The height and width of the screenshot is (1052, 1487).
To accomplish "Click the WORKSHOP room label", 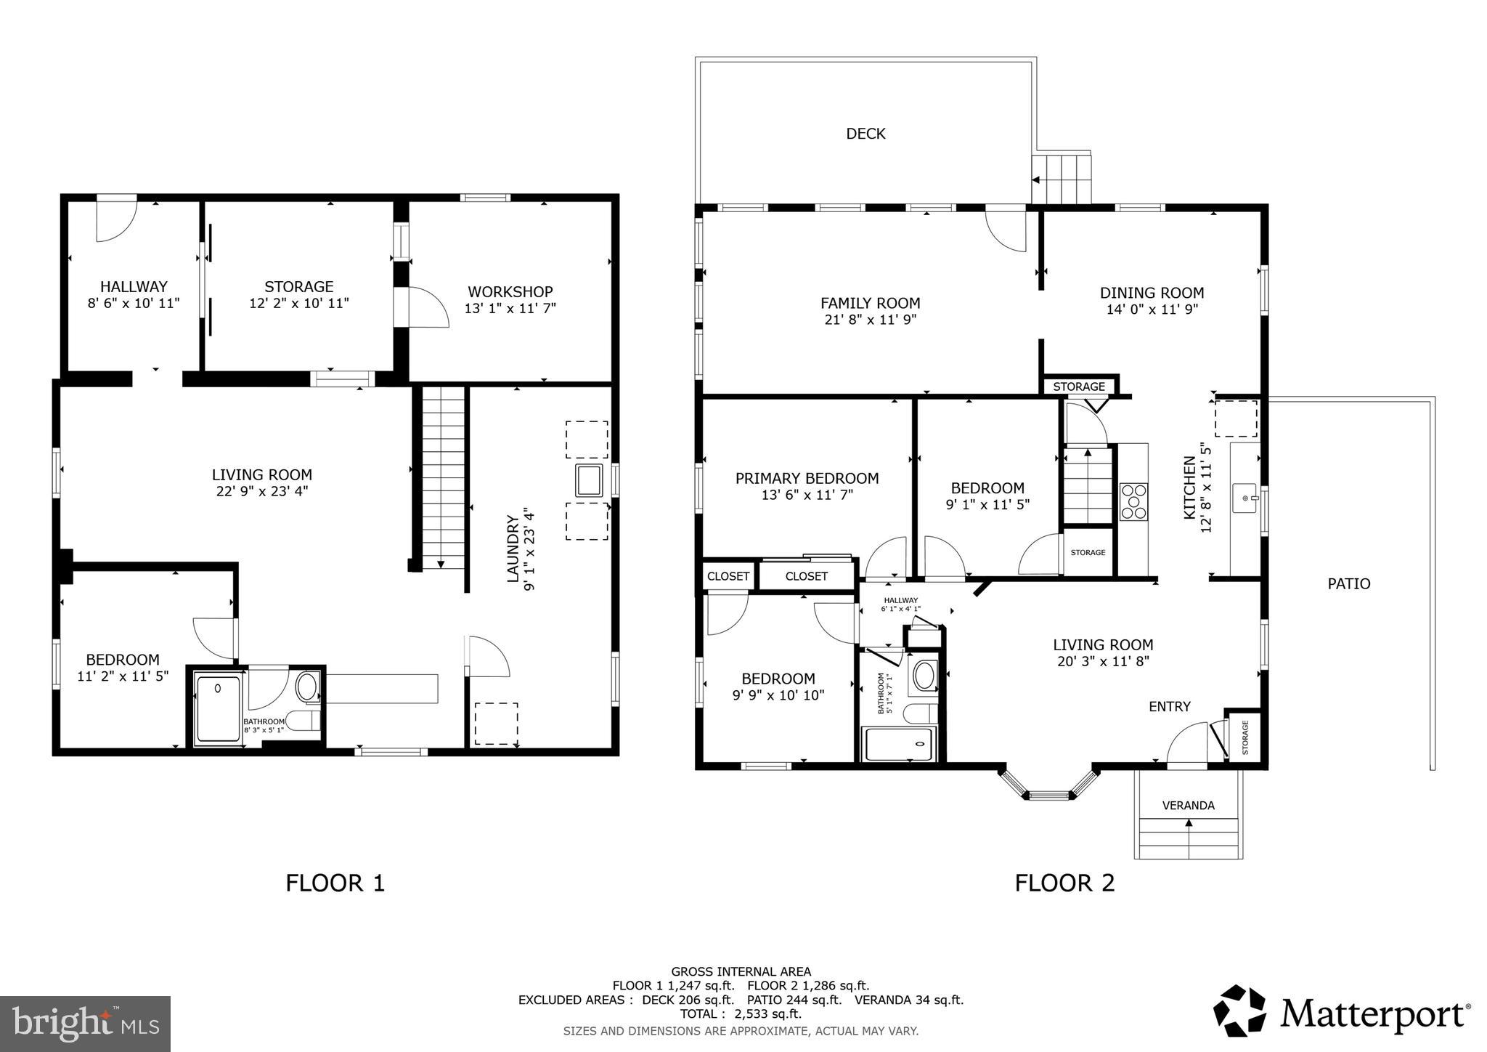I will click(510, 291).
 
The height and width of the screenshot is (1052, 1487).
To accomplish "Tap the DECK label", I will click(865, 134).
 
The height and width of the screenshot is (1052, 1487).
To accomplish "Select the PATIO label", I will click(1348, 583).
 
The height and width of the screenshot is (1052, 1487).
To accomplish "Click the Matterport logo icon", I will click(1239, 1011).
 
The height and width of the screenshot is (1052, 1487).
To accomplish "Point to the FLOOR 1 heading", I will click(335, 883).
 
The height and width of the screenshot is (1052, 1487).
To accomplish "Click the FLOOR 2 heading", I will click(1064, 883).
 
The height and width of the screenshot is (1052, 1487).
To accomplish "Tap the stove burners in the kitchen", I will click(1133, 501).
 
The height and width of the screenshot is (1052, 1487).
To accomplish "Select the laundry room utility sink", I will click(588, 480).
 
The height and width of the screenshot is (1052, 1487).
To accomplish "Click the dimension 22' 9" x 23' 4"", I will click(261, 491).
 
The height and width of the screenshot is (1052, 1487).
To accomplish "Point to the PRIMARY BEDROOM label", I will click(807, 478).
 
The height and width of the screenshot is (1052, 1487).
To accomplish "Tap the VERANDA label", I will click(1188, 805).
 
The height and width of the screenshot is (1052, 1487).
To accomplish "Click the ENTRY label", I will click(1169, 706).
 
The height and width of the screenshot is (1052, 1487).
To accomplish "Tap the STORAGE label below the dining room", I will click(1079, 387).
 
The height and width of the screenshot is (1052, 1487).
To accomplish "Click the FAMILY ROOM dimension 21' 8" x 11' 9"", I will click(870, 320).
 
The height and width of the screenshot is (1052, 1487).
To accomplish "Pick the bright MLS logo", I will click(86, 1024).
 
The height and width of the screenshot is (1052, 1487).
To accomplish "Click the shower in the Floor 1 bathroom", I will click(218, 709).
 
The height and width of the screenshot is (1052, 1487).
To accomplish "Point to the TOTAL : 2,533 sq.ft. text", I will click(741, 1014).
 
